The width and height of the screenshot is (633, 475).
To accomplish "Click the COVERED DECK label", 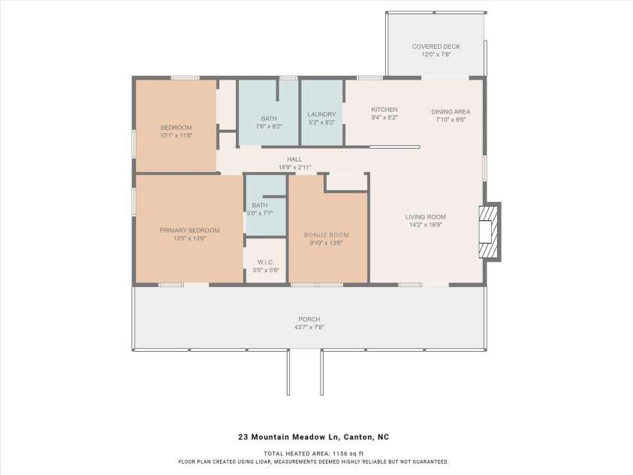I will click(436, 47).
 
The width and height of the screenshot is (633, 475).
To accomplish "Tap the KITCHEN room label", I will click(384, 110).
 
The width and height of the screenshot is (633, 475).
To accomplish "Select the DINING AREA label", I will click(451, 111).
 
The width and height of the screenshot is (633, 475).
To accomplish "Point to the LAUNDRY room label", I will click(321, 114).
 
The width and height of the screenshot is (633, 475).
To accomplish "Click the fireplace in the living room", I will click(488, 232).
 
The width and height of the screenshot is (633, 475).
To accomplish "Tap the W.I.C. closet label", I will click(265, 262).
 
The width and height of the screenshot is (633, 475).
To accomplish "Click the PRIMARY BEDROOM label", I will click(189, 230).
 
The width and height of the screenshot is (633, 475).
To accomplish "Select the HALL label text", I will click(294, 159).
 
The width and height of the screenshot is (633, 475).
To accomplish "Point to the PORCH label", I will click(309, 319).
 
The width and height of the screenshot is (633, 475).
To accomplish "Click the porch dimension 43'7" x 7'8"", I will click(309, 327).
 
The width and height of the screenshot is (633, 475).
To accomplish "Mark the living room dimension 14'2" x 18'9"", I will click(425, 224).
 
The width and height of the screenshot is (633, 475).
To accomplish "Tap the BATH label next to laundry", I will click(268, 119).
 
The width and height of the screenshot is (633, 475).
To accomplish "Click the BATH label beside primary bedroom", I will click(260, 205).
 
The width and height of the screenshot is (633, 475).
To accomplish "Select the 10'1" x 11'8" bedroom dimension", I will click(176, 135).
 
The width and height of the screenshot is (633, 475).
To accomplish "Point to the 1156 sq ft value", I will click(349, 453).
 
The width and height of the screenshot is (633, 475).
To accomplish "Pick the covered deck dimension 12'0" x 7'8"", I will click(436, 54).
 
